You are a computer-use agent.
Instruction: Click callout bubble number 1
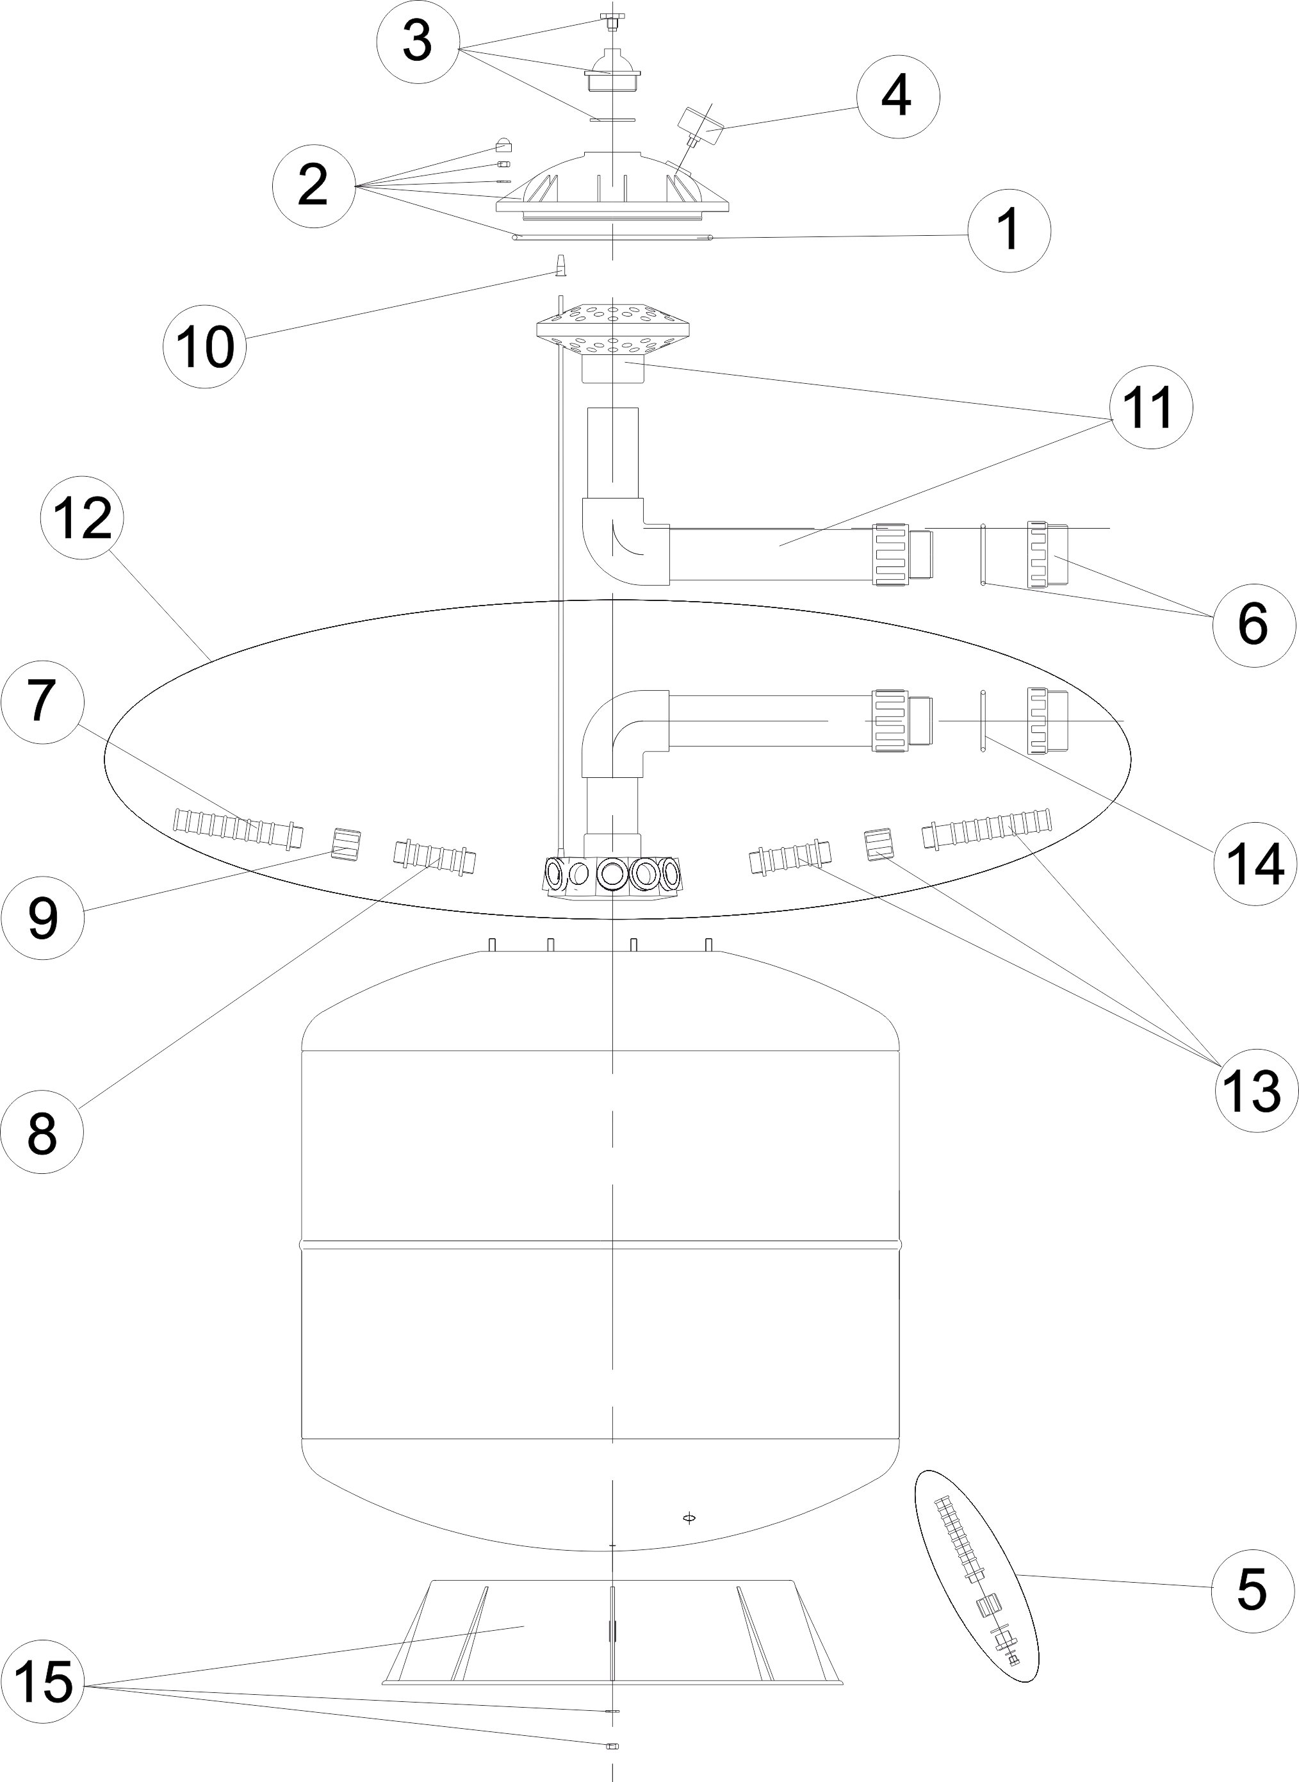click(x=1008, y=231)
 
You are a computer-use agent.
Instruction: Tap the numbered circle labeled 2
click(x=313, y=186)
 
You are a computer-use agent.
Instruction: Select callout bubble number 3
click(x=418, y=42)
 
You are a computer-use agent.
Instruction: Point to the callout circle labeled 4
click(x=898, y=97)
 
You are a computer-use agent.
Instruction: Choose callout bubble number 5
click(x=1252, y=1588)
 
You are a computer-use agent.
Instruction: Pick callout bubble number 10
click(x=204, y=345)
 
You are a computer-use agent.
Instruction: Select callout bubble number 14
click(x=1254, y=864)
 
